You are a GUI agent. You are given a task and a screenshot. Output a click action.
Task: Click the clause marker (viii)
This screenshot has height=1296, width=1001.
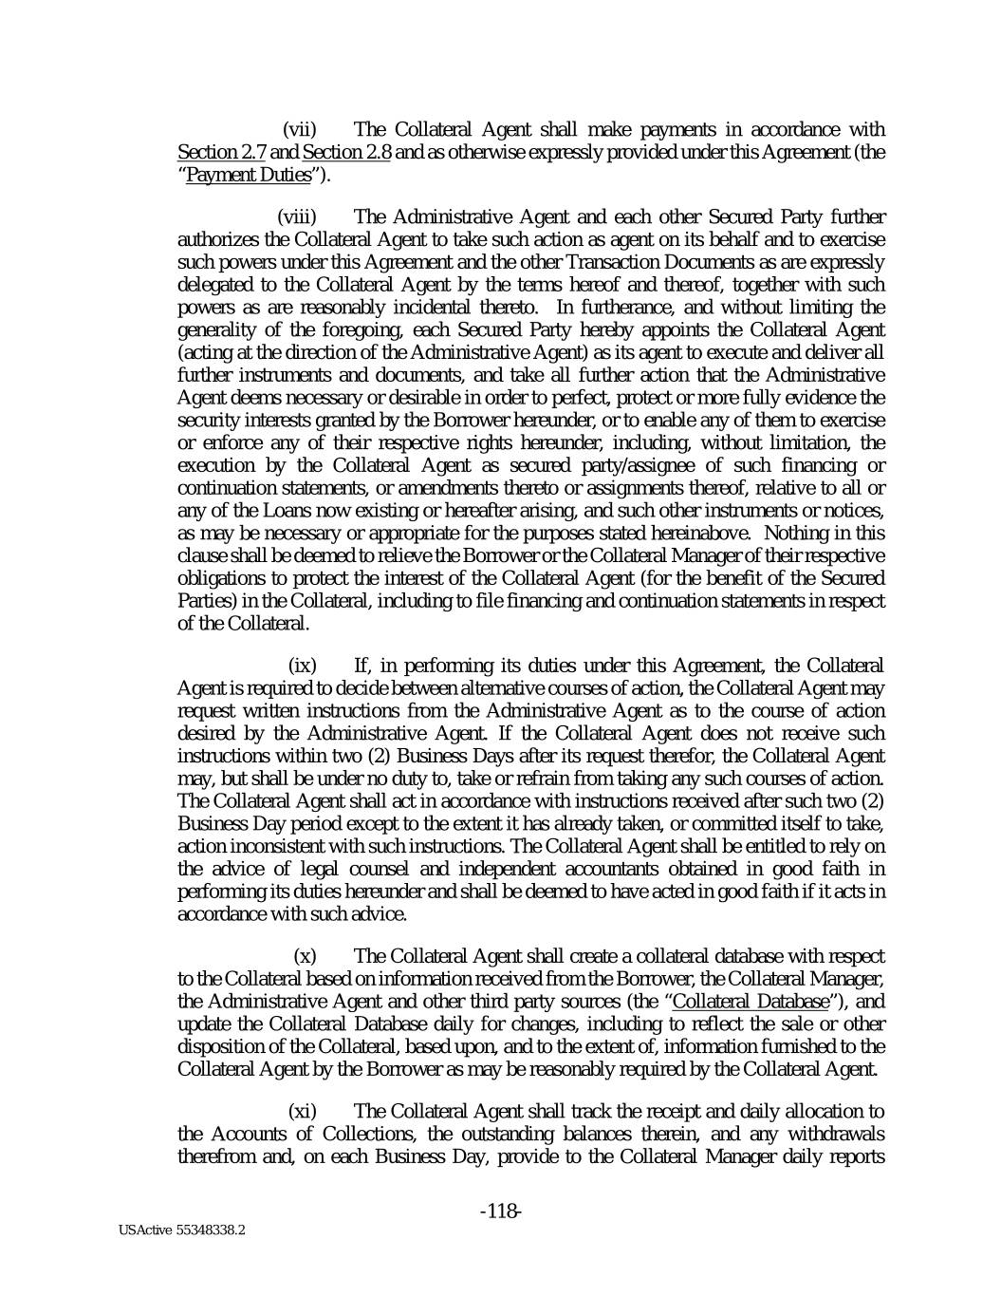tap(296, 217)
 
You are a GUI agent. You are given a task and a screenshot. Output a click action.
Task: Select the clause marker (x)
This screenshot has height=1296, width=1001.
tap(305, 955)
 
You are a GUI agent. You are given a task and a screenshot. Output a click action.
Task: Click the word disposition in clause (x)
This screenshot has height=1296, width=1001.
tap(221, 1046)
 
